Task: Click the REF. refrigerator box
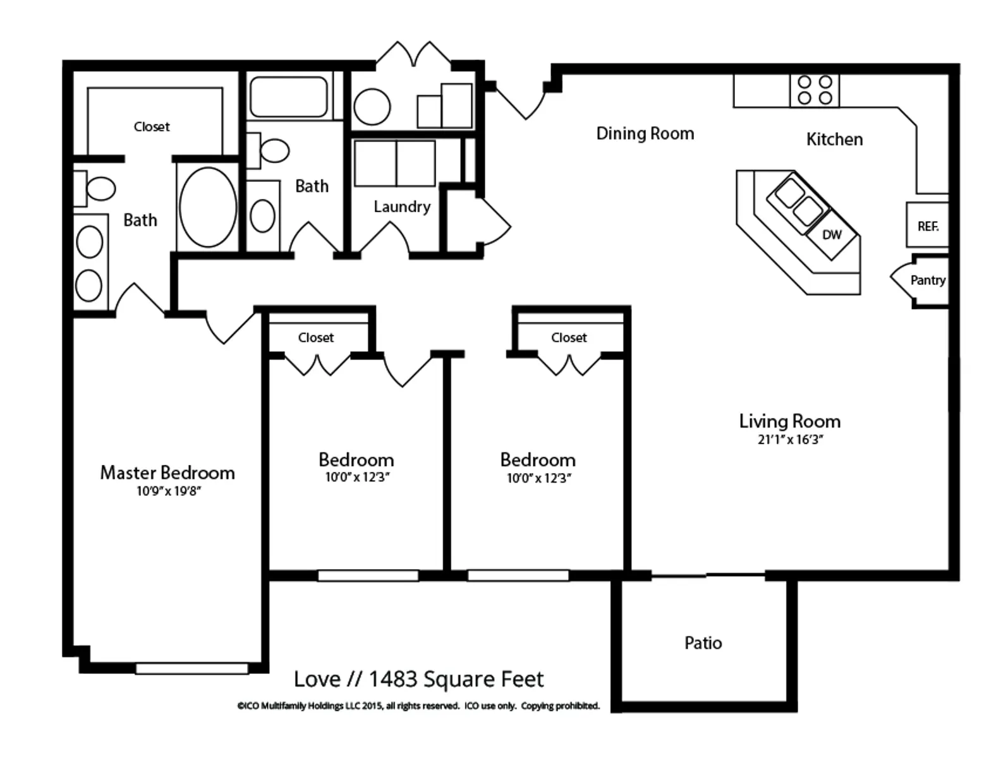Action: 928,224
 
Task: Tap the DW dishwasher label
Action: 832,234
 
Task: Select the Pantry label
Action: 928,280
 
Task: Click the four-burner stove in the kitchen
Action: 815,91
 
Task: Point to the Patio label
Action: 703,643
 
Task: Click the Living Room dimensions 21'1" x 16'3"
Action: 790,439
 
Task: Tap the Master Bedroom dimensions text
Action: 168,491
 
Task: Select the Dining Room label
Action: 645,133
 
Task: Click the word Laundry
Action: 402,207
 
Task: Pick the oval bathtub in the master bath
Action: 208,207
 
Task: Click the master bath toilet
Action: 95,188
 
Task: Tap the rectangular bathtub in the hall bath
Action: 289,97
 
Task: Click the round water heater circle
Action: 372,107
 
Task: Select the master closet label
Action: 152,126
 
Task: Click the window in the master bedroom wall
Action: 192,668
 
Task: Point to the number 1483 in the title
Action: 393,679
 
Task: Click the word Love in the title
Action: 317,679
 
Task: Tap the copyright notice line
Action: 418,706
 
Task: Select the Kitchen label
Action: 834,139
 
